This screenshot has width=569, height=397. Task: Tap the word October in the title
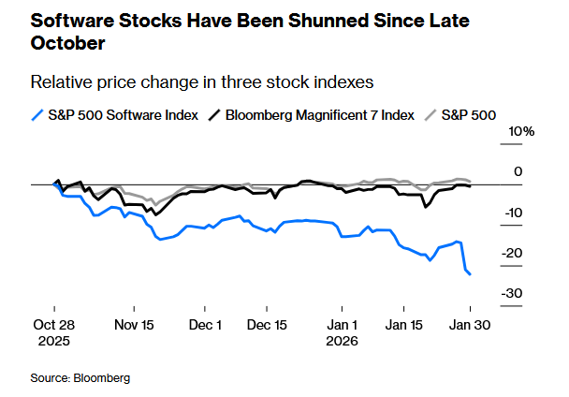[66, 43]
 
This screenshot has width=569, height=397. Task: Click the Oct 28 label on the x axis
[54, 324]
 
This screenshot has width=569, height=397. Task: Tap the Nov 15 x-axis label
[133, 324]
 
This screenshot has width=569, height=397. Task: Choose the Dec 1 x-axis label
[205, 324]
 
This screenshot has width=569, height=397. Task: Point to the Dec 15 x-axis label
[267, 324]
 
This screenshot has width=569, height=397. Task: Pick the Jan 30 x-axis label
[470, 324]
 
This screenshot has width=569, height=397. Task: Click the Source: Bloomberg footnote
[80, 377]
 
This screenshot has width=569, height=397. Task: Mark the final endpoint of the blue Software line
[470, 274]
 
